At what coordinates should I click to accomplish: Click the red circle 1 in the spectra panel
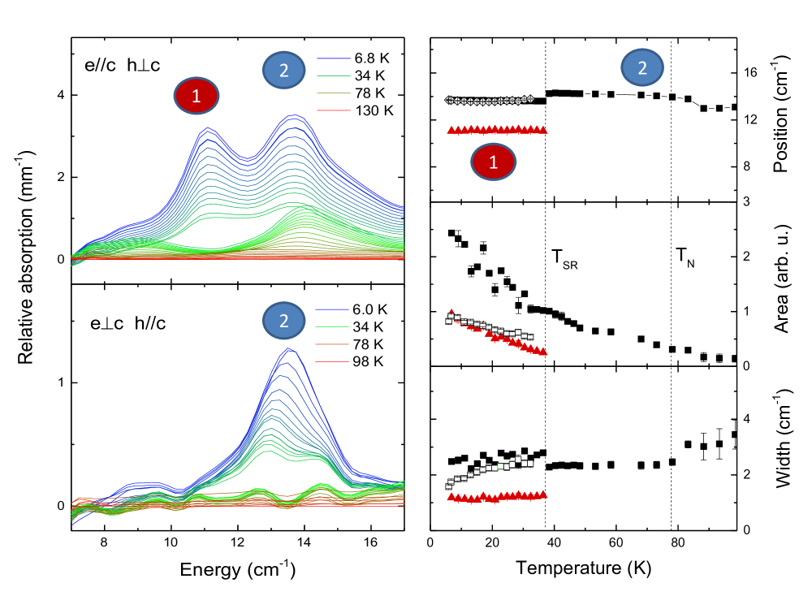pos(197,97)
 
